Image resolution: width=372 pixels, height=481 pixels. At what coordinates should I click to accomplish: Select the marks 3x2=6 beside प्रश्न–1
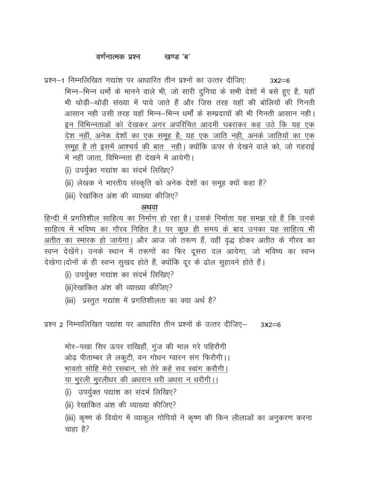[284, 80]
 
